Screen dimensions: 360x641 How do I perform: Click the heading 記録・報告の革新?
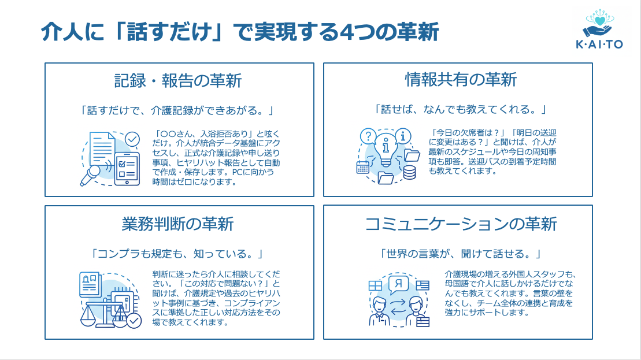(x=178, y=80)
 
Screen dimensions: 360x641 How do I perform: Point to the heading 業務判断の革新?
(x=178, y=222)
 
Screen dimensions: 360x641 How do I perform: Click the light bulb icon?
(x=384, y=148)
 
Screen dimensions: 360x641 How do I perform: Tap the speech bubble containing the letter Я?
(x=398, y=284)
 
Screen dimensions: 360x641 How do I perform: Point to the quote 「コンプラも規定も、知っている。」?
(x=178, y=254)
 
